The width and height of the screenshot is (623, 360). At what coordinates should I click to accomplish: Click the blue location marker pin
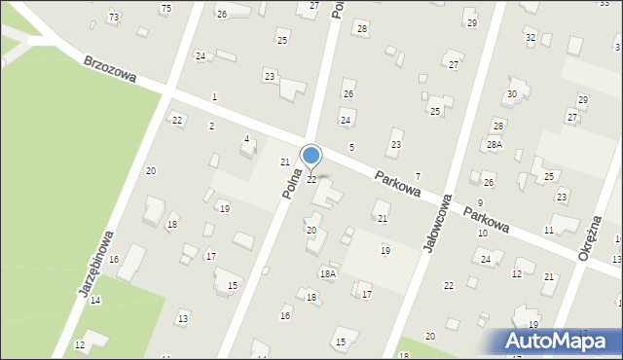click(x=311, y=156)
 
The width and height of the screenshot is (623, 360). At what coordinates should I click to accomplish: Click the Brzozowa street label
click(x=109, y=68)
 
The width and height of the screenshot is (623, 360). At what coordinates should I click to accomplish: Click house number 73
click(x=114, y=18)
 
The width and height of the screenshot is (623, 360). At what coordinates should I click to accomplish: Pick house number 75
click(x=165, y=9)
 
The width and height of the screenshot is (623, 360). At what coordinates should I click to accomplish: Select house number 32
click(x=531, y=37)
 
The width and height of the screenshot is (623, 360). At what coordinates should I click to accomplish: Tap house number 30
click(x=511, y=93)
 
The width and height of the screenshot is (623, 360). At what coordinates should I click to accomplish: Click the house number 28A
click(x=495, y=144)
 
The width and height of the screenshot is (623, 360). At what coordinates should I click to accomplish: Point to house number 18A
click(x=328, y=274)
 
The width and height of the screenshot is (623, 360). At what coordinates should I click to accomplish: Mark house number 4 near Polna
click(x=246, y=139)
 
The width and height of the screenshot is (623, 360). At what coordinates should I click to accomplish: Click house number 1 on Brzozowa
click(x=214, y=96)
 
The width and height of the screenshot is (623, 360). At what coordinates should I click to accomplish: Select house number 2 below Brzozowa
click(x=211, y=126)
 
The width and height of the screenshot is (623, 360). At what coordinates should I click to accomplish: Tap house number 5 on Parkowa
click(x=351, y=147)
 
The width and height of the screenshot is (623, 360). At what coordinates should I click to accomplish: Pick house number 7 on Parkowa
click(x=418, y=176)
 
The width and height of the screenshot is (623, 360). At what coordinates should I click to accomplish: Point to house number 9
click(x=480, y=202)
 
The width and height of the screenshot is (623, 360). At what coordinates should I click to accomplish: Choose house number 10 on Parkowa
click(x=482, y=234)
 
